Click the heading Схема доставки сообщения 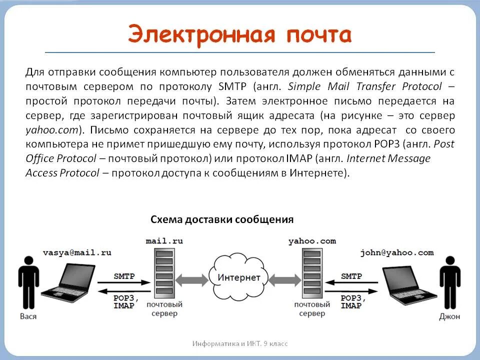(x=222, y=219)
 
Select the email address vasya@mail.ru (x=76, y=252)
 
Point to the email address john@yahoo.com (x=396, y=252)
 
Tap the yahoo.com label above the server (x=312, y=241)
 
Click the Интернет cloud (x=238, y=277)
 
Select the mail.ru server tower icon (x=163, y=273)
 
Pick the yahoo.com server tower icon (x=311, y=273)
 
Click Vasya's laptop (x=70, y=280)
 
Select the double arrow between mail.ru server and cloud (x=193, y=278)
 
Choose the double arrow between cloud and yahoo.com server (x=282, y=278)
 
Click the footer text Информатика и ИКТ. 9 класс (x=240, y=343)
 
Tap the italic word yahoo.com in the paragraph (x=52, y=130)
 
